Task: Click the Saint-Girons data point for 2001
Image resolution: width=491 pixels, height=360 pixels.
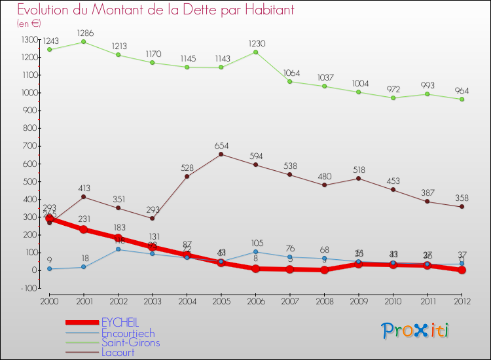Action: click(x=83, y=42)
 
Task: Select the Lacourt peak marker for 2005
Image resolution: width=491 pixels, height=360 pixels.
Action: click(x=221, y=154)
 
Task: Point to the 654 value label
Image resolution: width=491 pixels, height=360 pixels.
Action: click(x=221, y=145)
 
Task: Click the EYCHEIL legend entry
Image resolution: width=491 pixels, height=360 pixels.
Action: click(x=120, y=322)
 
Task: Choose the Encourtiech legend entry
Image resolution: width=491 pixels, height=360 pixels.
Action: click(x=128, y=333)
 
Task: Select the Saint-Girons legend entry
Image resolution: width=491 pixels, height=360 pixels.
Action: click(x=130, y=342)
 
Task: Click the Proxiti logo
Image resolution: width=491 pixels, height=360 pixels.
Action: click(x=416, y=331)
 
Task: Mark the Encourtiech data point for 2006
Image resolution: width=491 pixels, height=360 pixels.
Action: click(x=255, y=251)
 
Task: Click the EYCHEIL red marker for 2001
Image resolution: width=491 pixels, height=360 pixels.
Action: click(x=83, y=229)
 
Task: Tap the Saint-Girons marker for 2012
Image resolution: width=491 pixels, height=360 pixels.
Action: click(x=462, y=99)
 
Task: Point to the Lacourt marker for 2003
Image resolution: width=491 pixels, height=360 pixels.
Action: click(x=152, y=218)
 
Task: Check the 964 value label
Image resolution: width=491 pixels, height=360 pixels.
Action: click(x=462, y=91)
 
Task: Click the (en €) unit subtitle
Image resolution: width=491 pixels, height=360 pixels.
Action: click(x=29, y=24)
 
